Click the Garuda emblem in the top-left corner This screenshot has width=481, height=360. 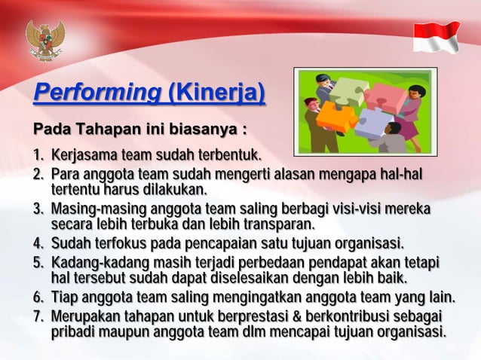(45, 39)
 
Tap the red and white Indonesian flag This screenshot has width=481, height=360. (437, 36)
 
